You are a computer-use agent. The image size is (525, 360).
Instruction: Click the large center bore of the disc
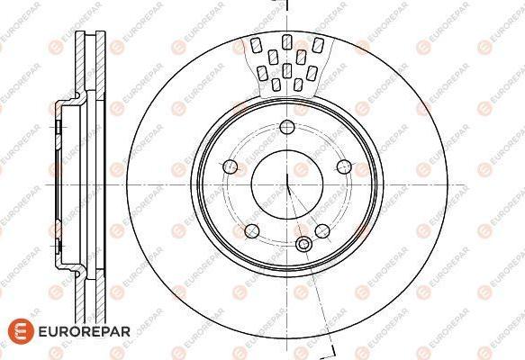click(287, 184)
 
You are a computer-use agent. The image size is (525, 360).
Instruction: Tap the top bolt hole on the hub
click(287, 127)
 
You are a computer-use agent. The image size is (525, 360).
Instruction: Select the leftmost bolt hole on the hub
click(230, 166)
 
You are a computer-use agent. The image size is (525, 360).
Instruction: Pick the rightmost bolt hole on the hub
click(344, 166)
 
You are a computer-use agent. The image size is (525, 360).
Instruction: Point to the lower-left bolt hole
click(252, 231)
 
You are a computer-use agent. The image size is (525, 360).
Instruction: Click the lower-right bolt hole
click(322, 231)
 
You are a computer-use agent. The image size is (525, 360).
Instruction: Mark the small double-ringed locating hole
click(303, 244)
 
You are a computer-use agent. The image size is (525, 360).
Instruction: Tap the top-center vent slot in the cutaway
click(286, 42)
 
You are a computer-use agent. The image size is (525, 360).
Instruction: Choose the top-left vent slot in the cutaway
click(256, 45)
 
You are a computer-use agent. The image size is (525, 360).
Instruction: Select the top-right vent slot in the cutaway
click(318, 45)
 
